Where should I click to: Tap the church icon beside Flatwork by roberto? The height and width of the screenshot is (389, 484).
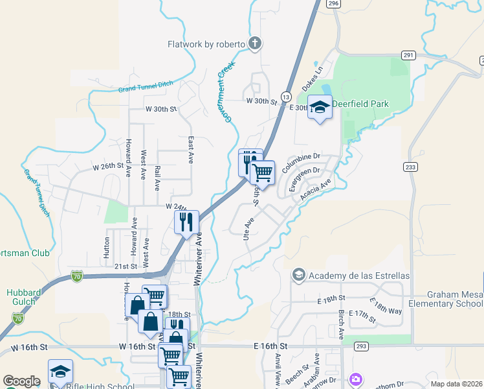tap(255, 44)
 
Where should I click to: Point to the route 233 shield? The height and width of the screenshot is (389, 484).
tap(410, 167)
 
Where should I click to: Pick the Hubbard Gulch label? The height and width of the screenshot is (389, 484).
tap(24, 297)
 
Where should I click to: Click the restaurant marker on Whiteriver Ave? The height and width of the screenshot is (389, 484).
tap(186, 222)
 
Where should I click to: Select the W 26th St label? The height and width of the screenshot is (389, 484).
tap(108, 166)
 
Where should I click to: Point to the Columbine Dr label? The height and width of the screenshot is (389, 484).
tap(301, 156)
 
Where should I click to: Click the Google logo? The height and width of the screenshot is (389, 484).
tap(21, 381)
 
